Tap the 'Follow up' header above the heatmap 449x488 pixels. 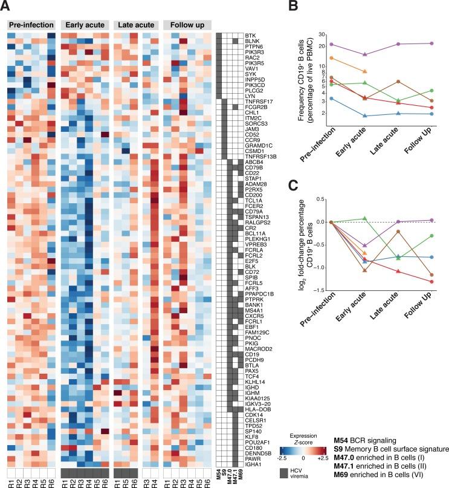(187, 25)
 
